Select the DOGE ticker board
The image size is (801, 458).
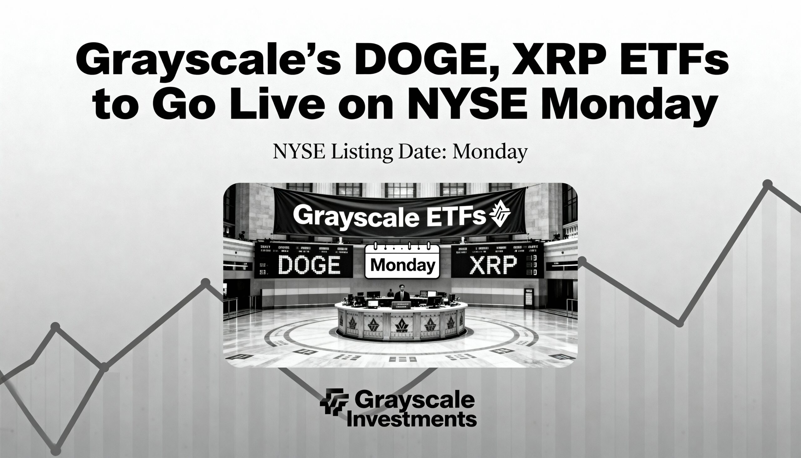click(304, 261)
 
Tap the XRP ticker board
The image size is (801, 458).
click(497, 261)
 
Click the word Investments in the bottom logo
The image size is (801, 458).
click(412, 419)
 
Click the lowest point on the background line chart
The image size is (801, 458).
click(56, 450)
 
